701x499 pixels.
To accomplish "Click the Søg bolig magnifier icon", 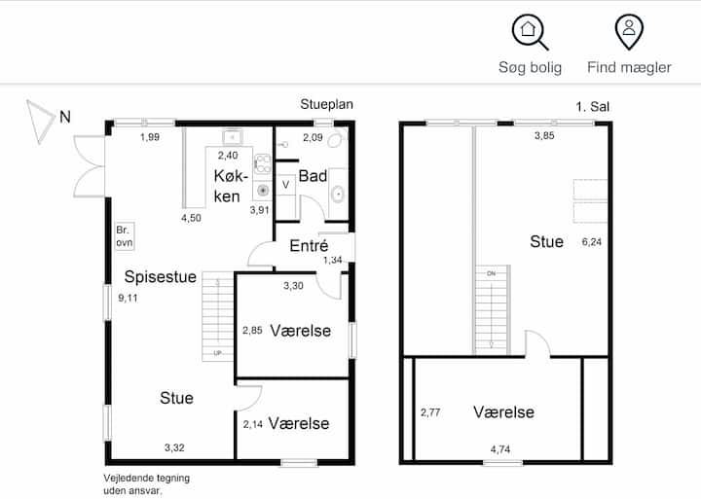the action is click(530, 32).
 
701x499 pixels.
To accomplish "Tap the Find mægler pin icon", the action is click(629, 31).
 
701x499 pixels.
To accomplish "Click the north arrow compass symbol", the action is click(40, 122).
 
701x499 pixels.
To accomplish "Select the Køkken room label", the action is click(230, 186).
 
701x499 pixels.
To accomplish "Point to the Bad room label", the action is click(313, 176).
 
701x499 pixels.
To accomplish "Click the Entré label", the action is click(309, 245).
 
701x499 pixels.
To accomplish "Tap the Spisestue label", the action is click(160, 276).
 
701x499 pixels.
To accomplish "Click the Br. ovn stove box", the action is click(125, 235).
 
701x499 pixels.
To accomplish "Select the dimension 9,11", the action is click(128, 298).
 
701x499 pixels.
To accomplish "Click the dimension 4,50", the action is click(191, 218).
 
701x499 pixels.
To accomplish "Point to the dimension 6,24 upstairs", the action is click(592, 242).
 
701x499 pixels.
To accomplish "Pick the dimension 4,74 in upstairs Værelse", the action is click(500, 449).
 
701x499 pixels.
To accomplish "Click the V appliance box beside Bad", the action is click(285, 185).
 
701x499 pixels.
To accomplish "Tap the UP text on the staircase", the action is click(217, 353).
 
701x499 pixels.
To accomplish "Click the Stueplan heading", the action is click(327, 104).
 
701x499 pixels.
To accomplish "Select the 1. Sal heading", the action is click(592, 107).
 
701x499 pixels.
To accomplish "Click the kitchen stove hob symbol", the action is click(263, 164).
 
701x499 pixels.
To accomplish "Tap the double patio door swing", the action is click(89, 166).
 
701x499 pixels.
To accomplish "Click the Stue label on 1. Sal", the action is click(546, 241).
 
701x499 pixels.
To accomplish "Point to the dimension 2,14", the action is click(252, 424).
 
